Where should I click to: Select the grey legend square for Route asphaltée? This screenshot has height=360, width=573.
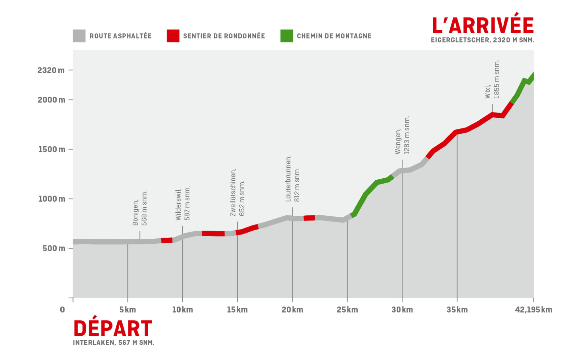79,36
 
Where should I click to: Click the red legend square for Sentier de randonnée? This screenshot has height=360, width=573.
173,36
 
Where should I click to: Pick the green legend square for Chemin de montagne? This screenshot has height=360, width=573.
286,36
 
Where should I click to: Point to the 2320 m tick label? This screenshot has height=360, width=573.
51,70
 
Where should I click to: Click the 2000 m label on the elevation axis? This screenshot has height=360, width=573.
51,100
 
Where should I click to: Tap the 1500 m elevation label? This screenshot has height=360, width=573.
52,149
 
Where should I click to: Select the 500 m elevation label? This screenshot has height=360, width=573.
54,248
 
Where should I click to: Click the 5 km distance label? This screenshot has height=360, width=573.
127,310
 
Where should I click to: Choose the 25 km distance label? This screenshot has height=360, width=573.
347,310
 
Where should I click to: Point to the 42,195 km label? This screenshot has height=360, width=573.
533,310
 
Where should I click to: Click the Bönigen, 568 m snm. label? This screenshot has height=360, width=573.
140,208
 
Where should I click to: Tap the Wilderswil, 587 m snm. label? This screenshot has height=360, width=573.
183,203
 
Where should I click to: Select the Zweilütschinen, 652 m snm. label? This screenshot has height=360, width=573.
237,192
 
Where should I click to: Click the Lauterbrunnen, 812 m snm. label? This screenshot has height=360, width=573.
292,179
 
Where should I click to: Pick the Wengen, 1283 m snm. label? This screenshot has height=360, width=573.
402,136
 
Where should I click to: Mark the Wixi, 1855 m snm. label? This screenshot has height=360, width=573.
492,80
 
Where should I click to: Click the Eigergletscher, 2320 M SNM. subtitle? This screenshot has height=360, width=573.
482,40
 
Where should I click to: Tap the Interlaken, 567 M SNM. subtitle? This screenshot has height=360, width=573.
113,343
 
